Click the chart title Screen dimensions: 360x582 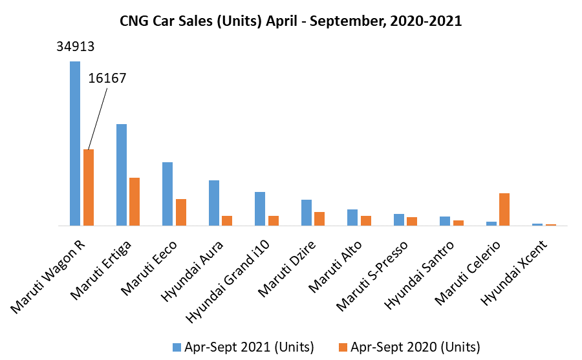[290, 21]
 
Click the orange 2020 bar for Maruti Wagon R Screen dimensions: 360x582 [89, 187]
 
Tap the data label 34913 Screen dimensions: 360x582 [75, 47]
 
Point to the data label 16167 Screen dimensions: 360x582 [107, 78]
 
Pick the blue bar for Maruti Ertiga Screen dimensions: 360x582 [122, 175]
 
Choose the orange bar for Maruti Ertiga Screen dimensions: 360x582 [135, 202]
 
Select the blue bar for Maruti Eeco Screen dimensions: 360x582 [167, 194]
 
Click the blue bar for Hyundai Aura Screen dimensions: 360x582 [214, 203]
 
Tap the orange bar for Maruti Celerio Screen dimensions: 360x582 [504, 209]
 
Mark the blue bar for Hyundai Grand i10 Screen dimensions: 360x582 [260, 209]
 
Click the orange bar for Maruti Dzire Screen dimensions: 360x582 [319, 218]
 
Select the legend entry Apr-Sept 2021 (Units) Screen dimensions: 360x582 [242, 347]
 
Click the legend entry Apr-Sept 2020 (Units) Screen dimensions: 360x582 [409, 347]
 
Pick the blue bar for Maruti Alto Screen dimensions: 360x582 [352, 217]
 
